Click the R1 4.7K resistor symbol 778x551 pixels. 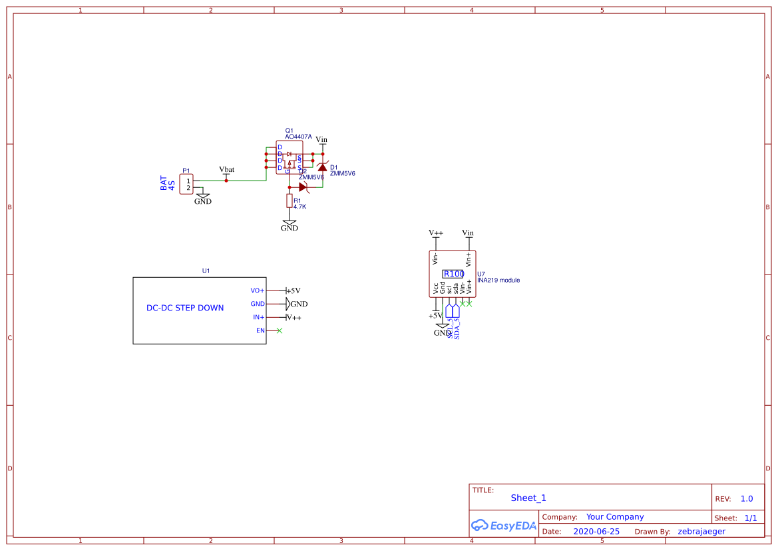[x=290, y=201]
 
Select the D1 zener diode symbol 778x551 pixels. [x=322, y=167]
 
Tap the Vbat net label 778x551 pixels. [x=226, y=170]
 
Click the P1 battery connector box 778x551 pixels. [x=186, y=184]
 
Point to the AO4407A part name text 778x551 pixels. [x=298, y=137]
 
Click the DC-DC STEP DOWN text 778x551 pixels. [x=185, y=308]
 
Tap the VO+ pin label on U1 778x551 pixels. [x=257, y=290]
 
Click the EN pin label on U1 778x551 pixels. [x=260, y=330]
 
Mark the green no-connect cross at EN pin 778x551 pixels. [x=279, y=330]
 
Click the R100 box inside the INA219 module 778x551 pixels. [x=453, y=274]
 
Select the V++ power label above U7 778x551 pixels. [x=436, y=233]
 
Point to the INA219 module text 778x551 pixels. [x=498, y=280]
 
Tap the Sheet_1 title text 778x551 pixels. [x=528, y=498]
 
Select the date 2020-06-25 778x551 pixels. [x=596, y=532]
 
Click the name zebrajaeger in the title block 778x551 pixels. [x=701, y=532]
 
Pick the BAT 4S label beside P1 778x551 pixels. [x=168, y=183]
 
